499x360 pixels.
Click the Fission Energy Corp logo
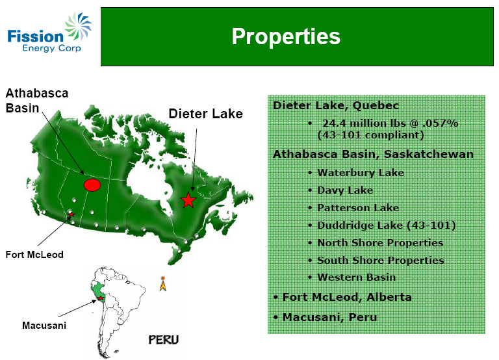click(x=49, y=32)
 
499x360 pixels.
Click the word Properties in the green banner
click(x=286, y=36)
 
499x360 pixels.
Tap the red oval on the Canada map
click(x=92, y=185)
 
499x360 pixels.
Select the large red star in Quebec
click(x=188, y=200)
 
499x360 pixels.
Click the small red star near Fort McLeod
click(x=71, y=214)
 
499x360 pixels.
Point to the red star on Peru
click(x=101, y=298)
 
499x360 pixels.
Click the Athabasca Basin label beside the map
click(x=37, y=101)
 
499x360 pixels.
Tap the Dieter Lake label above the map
click(x=205, y=114)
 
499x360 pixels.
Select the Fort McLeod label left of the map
click(x=34, y=255)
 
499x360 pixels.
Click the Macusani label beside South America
click(x=44, y=326)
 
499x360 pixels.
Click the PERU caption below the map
click(x=164, y=340)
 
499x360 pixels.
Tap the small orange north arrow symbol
click(x=163, y=283)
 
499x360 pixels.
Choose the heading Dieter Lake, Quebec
click(x=336, y=105)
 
